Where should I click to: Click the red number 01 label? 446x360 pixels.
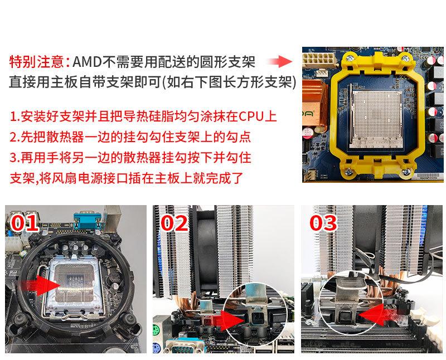(x=25, y=223)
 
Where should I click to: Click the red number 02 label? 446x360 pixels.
(x=174, y=223)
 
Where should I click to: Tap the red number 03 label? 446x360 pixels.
(x=323, y=223)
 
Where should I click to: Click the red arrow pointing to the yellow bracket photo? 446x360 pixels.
(x=280, y=61)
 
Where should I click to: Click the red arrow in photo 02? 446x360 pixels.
(x=227, y=320)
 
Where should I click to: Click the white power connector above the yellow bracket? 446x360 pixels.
(x=318, y=59)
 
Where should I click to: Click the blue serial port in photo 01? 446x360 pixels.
(x=88, y=220)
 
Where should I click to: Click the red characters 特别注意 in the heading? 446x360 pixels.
(x=37, y=62)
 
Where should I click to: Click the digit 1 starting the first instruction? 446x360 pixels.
(x=13, y=116)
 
